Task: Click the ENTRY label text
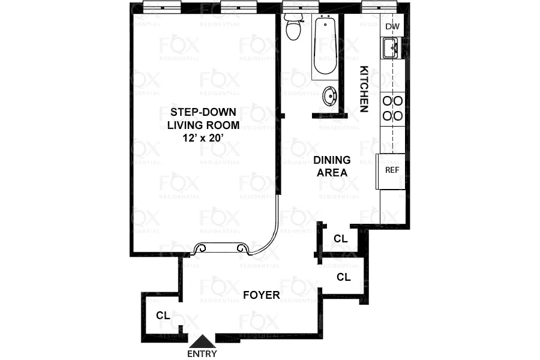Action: coord(202,353)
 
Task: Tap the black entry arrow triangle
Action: coord(202,341)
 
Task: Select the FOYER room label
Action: coord(261,295)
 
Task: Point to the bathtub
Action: coord(325,46)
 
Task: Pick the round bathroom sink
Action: coord(329,96)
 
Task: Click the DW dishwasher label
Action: coord(392,26)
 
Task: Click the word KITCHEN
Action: coord(364,88)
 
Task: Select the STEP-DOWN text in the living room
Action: coord(203,112)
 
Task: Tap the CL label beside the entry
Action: coord(163,315)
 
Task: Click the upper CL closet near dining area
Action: coord(340,238)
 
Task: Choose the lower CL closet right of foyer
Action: coord(343,277)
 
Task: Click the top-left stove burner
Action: coord(387,101)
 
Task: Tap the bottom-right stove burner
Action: coord(397,114)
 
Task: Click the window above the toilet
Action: coord(293,8)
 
